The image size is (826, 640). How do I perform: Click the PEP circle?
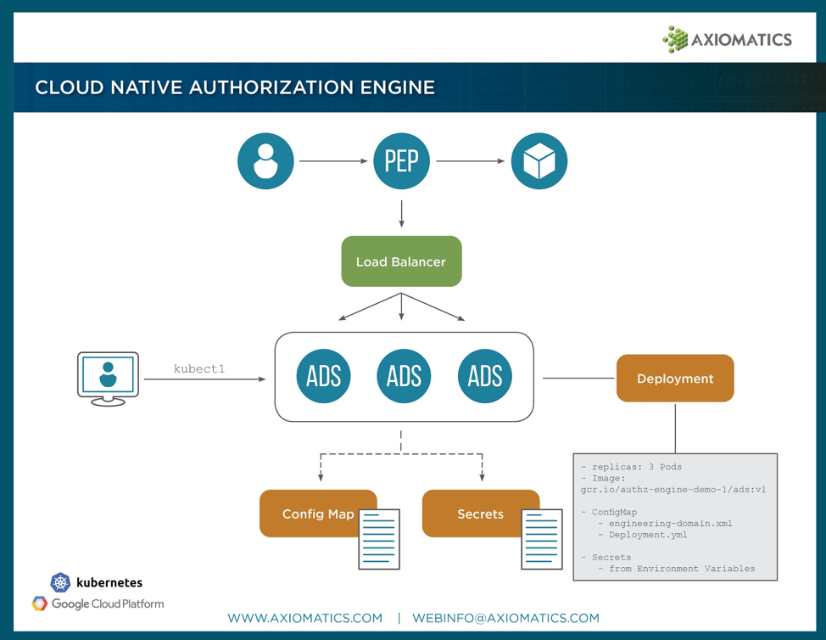tap(401, 160)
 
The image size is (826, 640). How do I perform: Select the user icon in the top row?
tap(265, 160)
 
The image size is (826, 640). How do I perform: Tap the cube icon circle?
tap(539, 160)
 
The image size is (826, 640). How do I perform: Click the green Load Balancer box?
tap(401, 261)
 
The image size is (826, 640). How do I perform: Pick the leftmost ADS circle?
tap(323, 376)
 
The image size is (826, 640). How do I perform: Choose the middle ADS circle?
tap(404, 376)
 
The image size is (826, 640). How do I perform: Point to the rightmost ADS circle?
tap(485, 376)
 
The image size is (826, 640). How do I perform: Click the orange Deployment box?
tap(675, 379)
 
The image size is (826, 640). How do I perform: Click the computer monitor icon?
tap(108, 378)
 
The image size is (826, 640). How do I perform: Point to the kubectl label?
tap(199, 369)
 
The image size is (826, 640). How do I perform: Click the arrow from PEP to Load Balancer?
tap(401, 213)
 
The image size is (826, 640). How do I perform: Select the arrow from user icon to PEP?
tap(333, 160)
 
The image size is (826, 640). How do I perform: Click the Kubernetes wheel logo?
tap(60, 582)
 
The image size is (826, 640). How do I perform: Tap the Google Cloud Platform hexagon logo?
tap(39, 604)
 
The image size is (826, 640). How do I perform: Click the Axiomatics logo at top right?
tap(727, 39)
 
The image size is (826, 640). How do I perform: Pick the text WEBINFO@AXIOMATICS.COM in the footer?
tap(505, 618)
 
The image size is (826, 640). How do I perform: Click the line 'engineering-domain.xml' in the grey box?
tap(670, 524)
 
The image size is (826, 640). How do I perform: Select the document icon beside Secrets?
tap(541, 538)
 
